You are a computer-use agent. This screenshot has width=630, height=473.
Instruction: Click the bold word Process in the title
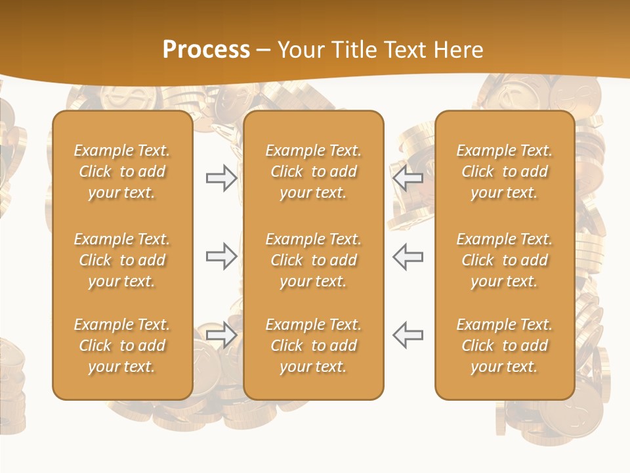click(x=206, y=50)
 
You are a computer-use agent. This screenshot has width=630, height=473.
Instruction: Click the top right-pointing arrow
click(x=221, y=178)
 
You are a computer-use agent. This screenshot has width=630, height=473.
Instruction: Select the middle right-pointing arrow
click(x=221, y=256)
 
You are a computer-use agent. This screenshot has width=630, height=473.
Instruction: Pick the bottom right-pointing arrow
click(x=221, y=335)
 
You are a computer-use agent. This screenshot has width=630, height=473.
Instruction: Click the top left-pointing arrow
click(x=408, y=178)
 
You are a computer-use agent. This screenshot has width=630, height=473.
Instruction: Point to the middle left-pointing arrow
click(x=408, y=256)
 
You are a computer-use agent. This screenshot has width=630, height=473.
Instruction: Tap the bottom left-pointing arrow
click(x=408, y=335)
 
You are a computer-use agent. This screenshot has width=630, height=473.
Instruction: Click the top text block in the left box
click(x=122, y=171)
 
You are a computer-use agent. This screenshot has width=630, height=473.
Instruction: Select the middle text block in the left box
click(x=122, y=260)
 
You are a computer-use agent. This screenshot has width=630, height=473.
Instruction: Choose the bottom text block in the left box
click(x=122, y=346)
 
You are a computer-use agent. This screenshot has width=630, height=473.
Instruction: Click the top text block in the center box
click(x=314, y=171)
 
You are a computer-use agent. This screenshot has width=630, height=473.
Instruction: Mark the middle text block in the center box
click(x=314, y=260)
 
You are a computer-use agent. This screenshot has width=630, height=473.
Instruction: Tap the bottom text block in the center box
click(x=314, y=346)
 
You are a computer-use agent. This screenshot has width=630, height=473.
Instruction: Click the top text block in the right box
click(x=505, y=171)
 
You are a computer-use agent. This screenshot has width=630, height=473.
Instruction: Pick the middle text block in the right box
click(x=505, y=260)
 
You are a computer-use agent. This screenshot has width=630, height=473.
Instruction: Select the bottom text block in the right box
click(x=505, y=346)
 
